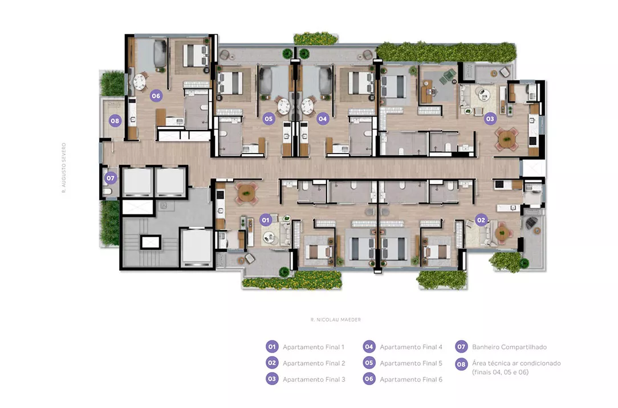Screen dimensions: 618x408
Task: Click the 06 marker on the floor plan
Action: (156, 95)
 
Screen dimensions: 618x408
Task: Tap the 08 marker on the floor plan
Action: (115, 121)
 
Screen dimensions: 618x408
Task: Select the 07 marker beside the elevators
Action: (111, 178)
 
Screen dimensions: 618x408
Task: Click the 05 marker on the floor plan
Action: (269, 118)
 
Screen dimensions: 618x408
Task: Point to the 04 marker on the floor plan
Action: (323, 118)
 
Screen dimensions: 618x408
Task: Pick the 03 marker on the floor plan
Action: (490, 118)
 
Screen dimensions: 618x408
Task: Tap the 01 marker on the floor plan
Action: (266, 220)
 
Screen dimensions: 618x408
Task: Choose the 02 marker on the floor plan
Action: (481, 220)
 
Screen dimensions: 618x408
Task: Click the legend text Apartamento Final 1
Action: (314, 348)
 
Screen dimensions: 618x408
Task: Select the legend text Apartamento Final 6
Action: (411, 379)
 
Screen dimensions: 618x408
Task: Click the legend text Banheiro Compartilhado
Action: (509, 348)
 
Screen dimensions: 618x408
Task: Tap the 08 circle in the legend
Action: (461, 364)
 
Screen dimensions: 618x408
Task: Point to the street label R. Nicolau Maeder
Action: (336, 320)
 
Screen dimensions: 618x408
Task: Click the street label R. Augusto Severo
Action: (64, 168)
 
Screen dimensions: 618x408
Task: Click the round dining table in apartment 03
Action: (506, 139)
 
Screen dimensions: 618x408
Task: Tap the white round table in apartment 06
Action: (139, 82)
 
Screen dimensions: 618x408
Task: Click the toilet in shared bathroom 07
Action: (107, 192)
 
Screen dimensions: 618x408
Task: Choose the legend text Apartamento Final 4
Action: (411, 348)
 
